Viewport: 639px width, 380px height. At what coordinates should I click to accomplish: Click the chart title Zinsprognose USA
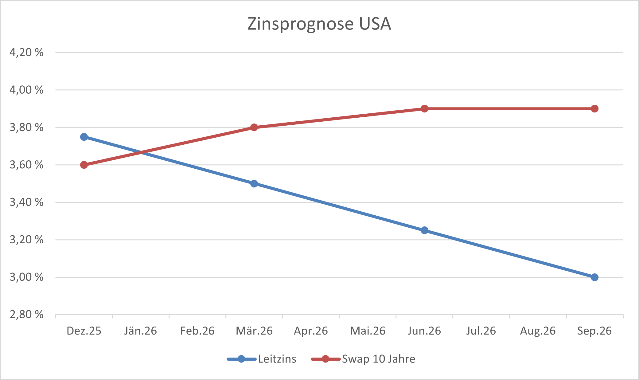(319, 24)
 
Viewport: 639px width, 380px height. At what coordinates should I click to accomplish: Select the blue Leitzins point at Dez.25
(84, 137)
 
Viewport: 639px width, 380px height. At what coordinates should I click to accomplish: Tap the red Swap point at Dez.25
(84, 165)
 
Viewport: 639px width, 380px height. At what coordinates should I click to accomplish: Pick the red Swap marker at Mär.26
(254, 127)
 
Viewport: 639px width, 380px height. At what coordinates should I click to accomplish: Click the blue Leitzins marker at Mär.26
(254, 184)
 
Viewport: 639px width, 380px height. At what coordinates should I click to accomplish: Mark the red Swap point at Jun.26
(424, 109)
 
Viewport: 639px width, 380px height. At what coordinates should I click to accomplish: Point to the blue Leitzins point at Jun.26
(424, 230)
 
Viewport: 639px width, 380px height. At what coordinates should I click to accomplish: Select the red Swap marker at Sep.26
(594, 109)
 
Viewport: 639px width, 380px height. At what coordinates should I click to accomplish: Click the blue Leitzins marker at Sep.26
(594, 277)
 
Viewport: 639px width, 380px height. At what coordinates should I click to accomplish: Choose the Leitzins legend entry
(277, 359)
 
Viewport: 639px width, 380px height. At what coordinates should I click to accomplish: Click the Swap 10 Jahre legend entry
(378, 359)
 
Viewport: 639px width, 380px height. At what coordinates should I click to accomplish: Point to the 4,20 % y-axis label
(26, 53)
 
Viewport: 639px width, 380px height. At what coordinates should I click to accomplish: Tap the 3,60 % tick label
(26, 165)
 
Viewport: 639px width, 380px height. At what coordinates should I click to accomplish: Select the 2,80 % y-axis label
(26, 315)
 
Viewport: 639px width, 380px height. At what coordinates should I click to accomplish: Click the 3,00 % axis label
(26, 277)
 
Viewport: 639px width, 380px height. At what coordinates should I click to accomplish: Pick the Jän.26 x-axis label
(141, 331)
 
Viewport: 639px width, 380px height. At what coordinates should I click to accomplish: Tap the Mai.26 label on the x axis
(368, 331)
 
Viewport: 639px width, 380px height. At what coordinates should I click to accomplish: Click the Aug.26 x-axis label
(538, 331)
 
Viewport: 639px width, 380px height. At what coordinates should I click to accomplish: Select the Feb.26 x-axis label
(197, 331)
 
